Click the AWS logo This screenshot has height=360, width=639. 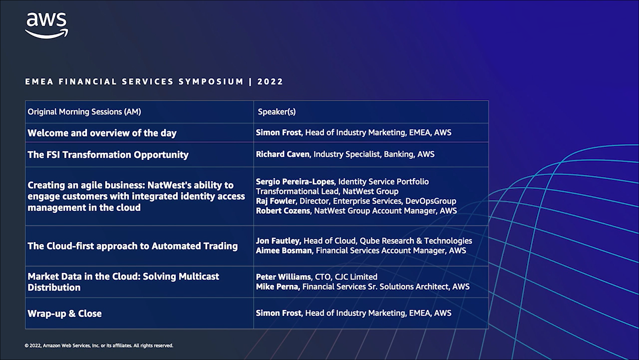[47, 25]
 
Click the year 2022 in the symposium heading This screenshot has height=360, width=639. [270, 82]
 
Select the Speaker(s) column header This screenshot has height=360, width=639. [277, 112]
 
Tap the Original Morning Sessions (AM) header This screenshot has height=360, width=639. [84, 112]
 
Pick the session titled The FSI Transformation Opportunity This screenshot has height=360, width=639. [108, 155]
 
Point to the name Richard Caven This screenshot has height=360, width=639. [283, 154]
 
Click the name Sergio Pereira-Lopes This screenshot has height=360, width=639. [295, 182]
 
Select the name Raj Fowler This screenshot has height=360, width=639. [276, 201]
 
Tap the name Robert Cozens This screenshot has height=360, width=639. [283, 211]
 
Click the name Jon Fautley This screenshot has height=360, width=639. [278, 241]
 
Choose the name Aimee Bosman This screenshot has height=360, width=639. [284, 251]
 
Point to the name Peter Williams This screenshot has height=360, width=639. [283, 277]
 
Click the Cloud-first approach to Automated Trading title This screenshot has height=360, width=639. [133, 246]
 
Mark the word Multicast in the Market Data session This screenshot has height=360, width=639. [199, 276]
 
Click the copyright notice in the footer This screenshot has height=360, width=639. [99, 346]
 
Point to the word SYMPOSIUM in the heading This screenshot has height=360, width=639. [211, 82]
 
